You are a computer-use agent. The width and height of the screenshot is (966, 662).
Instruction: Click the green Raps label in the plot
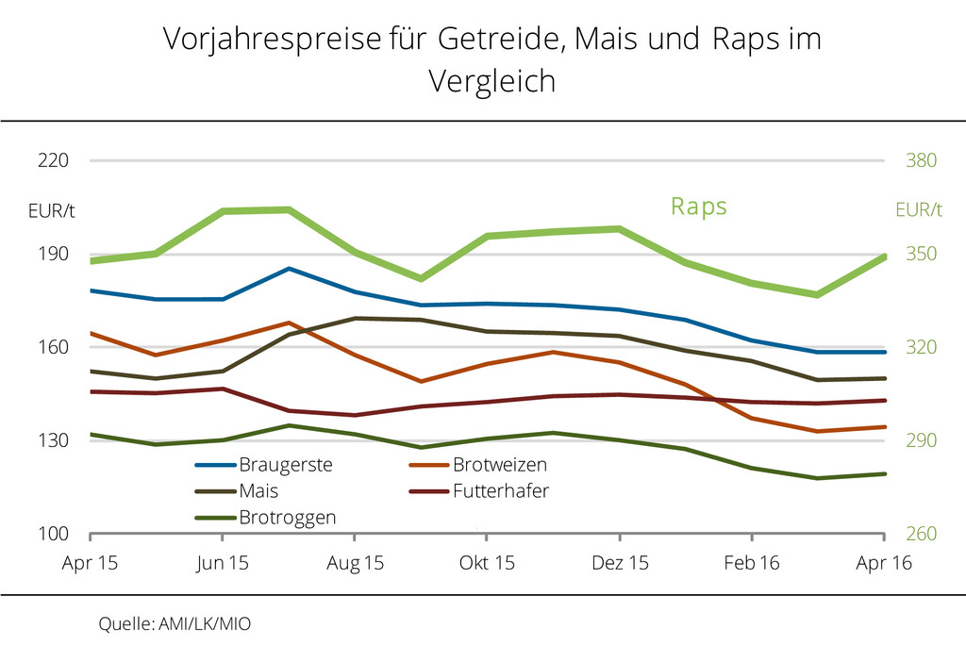699,206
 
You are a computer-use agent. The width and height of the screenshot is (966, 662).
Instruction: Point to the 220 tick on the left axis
54,160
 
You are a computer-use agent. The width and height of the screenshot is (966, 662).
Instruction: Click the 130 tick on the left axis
54,440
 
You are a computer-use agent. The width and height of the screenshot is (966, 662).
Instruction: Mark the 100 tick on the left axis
54,534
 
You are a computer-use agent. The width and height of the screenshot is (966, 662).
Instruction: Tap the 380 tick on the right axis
921,160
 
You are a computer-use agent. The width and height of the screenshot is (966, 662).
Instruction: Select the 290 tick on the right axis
921,440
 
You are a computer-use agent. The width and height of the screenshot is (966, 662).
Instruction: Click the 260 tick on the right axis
921,534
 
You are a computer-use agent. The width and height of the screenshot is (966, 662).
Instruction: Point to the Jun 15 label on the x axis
222,564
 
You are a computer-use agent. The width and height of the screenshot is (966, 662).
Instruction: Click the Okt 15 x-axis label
487,564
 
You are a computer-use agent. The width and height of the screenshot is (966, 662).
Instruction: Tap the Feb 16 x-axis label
751,564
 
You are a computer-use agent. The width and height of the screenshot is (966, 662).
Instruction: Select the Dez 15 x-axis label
620,564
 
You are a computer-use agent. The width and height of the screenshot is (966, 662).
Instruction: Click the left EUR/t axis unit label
51,210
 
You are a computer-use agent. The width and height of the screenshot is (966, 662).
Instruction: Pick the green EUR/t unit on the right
918,210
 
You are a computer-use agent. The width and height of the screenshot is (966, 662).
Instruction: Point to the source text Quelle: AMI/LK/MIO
175,624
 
